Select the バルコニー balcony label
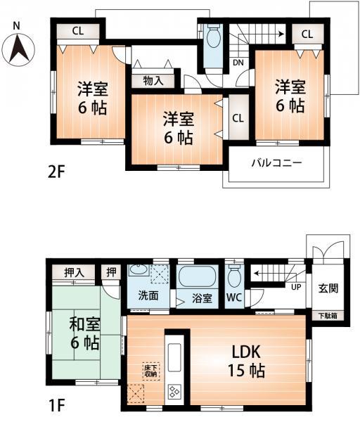coord(277,163)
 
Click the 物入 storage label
coord(153,80)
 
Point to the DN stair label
coord(238,63)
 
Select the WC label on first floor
coord(234,298)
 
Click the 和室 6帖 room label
coord(83,335)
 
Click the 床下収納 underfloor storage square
coord(152,370)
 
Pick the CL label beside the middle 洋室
coord(237,117)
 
